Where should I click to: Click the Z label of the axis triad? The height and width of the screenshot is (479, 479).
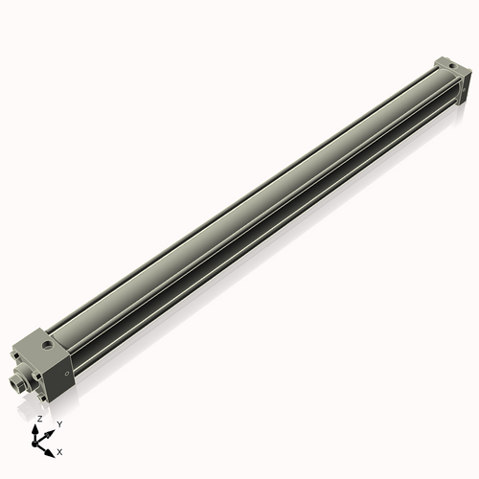tap(38, 420)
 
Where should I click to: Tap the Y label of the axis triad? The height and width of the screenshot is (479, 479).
tap(58, 423)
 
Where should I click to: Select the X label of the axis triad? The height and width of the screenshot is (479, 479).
tap(60, 450)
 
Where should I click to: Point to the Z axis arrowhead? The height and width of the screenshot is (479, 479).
tap(38, 428)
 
